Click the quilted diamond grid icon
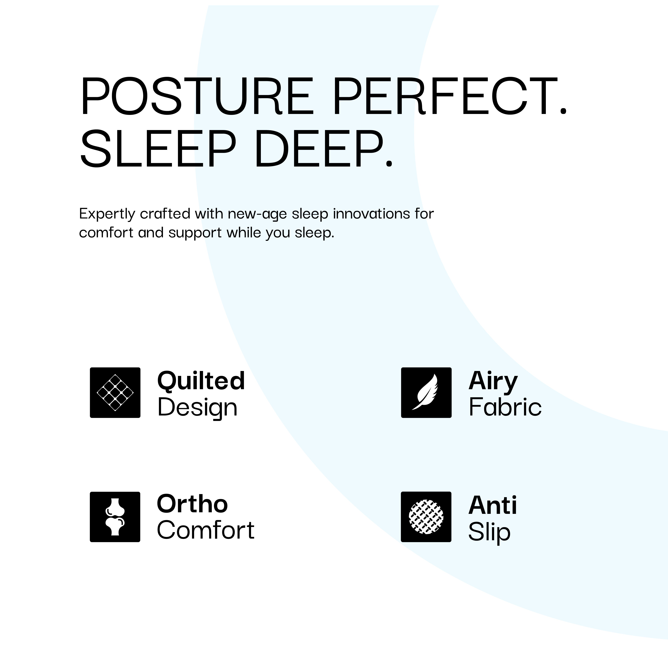[115, 392]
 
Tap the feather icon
[426, 392]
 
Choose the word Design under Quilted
[197, 407]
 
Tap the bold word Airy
[493, 381]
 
